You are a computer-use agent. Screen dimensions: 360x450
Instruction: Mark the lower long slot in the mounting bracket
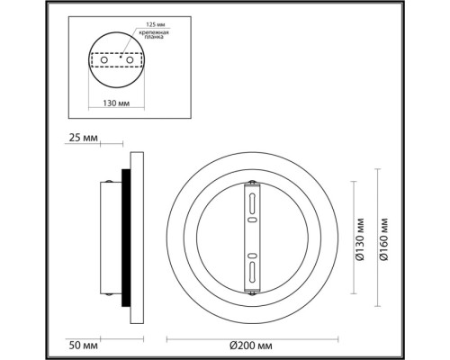coord(253,270)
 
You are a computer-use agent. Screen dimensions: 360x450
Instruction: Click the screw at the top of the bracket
coord(253,184)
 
